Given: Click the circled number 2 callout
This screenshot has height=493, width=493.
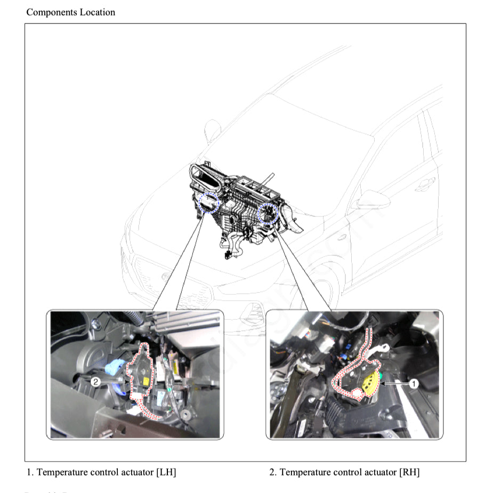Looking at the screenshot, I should tap(95, 382).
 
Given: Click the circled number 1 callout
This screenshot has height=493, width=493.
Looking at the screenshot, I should tap(414, 383).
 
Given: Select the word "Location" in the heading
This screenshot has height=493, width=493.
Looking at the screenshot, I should tap(98, 12).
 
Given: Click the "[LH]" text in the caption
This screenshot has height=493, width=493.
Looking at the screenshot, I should tap(166, 472).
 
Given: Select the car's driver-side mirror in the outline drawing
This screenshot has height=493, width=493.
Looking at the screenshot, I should tap(371, 200).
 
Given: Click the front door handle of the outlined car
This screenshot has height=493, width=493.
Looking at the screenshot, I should tap(425, 185).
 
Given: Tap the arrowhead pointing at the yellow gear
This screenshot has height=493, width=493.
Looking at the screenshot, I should tap(385, 383).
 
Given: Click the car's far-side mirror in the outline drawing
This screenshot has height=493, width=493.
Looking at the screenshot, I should tap(213, 130).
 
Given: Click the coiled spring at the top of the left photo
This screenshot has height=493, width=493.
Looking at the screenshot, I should tap(135, 319).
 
